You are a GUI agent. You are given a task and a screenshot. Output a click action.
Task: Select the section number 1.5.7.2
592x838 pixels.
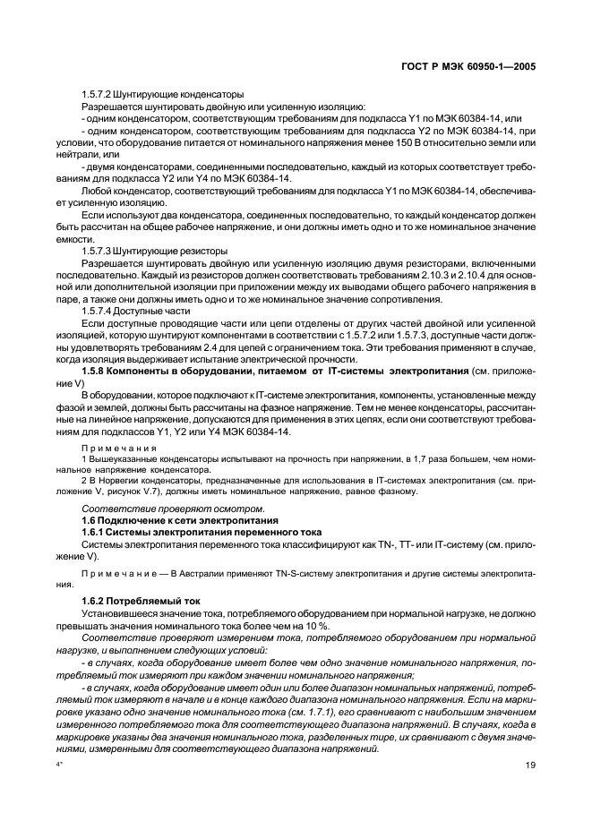(x=99, y=94)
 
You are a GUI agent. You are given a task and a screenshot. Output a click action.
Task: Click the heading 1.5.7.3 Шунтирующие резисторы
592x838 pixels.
(x=155, y=252)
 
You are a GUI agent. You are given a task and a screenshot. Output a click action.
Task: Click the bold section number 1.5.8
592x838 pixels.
(x=96, y=370)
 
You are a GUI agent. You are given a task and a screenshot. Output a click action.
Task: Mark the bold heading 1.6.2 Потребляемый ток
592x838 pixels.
(x=141, y=601)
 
